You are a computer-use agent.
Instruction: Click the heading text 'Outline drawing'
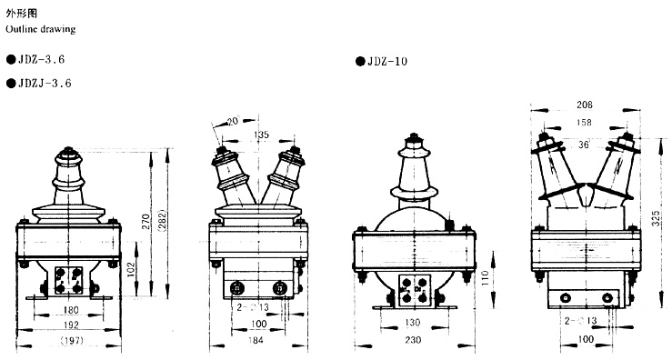41,30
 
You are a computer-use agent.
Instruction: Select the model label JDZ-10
387,62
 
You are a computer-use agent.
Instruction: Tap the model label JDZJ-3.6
45,83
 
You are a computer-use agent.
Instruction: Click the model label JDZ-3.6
41,60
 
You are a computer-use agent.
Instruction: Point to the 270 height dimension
146,221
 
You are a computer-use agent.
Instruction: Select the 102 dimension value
132,269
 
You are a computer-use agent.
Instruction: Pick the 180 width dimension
71,309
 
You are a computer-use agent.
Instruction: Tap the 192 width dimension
71,325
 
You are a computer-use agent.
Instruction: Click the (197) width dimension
72,341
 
